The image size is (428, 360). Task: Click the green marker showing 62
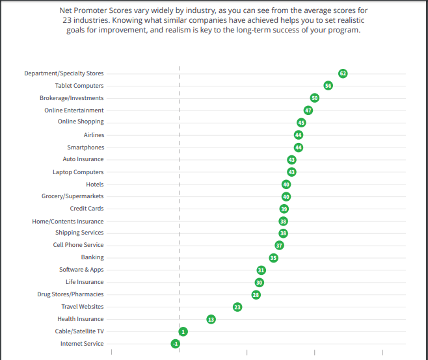point(343,73)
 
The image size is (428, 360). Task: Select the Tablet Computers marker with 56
point(328,86)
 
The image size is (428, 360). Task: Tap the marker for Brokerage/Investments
point(314,98)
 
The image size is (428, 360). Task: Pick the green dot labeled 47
point(308,110)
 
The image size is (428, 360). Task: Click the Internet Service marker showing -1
point(175,343)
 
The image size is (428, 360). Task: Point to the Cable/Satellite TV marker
point(183,331)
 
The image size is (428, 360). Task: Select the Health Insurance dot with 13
point(211,319)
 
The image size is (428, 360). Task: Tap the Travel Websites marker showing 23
point(237,307)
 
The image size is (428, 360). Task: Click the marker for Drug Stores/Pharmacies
point(256,294)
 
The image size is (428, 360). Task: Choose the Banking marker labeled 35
point(273,257)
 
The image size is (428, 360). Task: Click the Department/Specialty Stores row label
point(64,73)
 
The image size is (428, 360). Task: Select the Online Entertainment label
point(74,110)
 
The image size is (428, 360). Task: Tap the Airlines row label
point(94,135)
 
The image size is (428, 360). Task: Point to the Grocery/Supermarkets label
point(72,196)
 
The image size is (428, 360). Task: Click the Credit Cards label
point(87,209)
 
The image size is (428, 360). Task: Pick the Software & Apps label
point(81,270)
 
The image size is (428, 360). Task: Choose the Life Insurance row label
point(85,282)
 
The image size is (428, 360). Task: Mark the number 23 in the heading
point(60,21)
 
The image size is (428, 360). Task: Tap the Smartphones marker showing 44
point(299,148)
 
